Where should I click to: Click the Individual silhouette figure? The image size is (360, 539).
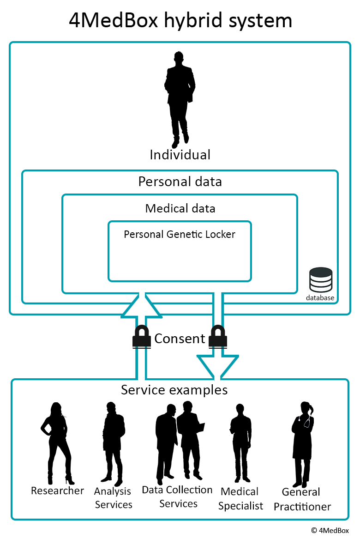[180, 97]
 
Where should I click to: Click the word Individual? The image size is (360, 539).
[180, 155]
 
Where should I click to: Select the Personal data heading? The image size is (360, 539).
[180, 182]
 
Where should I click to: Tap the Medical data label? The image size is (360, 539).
[180, 208]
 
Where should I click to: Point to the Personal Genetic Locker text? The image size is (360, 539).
[180, 234]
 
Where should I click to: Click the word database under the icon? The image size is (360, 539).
[320, 298]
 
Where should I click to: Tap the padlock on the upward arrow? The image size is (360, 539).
[142, 336]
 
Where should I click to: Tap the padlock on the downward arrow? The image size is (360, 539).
[217, 336]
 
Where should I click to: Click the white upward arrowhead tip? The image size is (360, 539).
[142, 298]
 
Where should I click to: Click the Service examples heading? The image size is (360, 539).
[174, 390]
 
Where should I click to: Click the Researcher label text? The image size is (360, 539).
[57, 491]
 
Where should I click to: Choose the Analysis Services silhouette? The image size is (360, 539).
[113, 441]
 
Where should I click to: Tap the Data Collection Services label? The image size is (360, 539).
[177, 497]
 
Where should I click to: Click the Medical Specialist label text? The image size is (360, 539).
[240, 498]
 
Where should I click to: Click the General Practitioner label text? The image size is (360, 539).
[302, 499]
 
